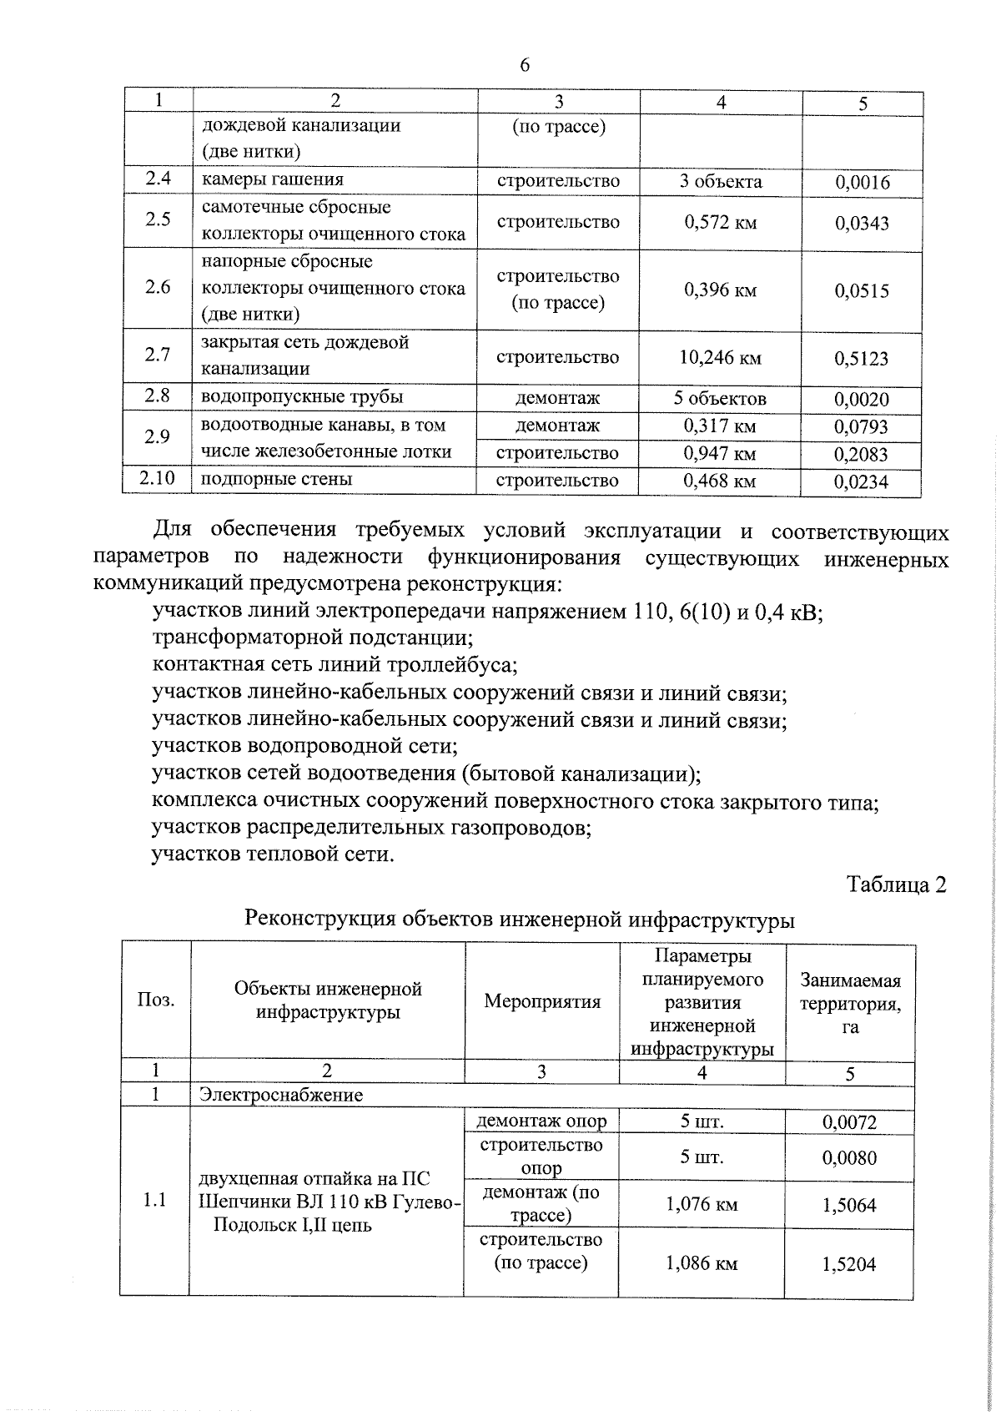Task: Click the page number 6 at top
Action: (x=524, y=66)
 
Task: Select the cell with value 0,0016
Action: (x=862, y=183)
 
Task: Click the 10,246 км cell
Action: (x=720, y=358)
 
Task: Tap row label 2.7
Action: (x=158, y=355)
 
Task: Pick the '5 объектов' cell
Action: (x=720, y=399)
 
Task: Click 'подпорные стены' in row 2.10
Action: (x=277, y=479)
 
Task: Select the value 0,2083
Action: (x=862, y=455)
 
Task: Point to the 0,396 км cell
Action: (x=720, y=290)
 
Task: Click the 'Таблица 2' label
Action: (x=896, y=884)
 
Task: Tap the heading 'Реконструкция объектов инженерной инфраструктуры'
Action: (x=519, y=920)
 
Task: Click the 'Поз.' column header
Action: (x=156, y=1000)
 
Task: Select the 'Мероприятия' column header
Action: (x=542, y=1001)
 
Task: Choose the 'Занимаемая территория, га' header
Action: (x=850, y=1003)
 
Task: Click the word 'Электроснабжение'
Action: (x=280, y=1095)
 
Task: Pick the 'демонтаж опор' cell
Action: (x=541, y=1121)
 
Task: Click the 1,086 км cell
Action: (x=702, y=1264)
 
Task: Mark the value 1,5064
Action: (x=849, y=1206)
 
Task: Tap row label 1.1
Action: (x=154, y=1201)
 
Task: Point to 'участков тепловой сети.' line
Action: (x=273, y=855)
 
